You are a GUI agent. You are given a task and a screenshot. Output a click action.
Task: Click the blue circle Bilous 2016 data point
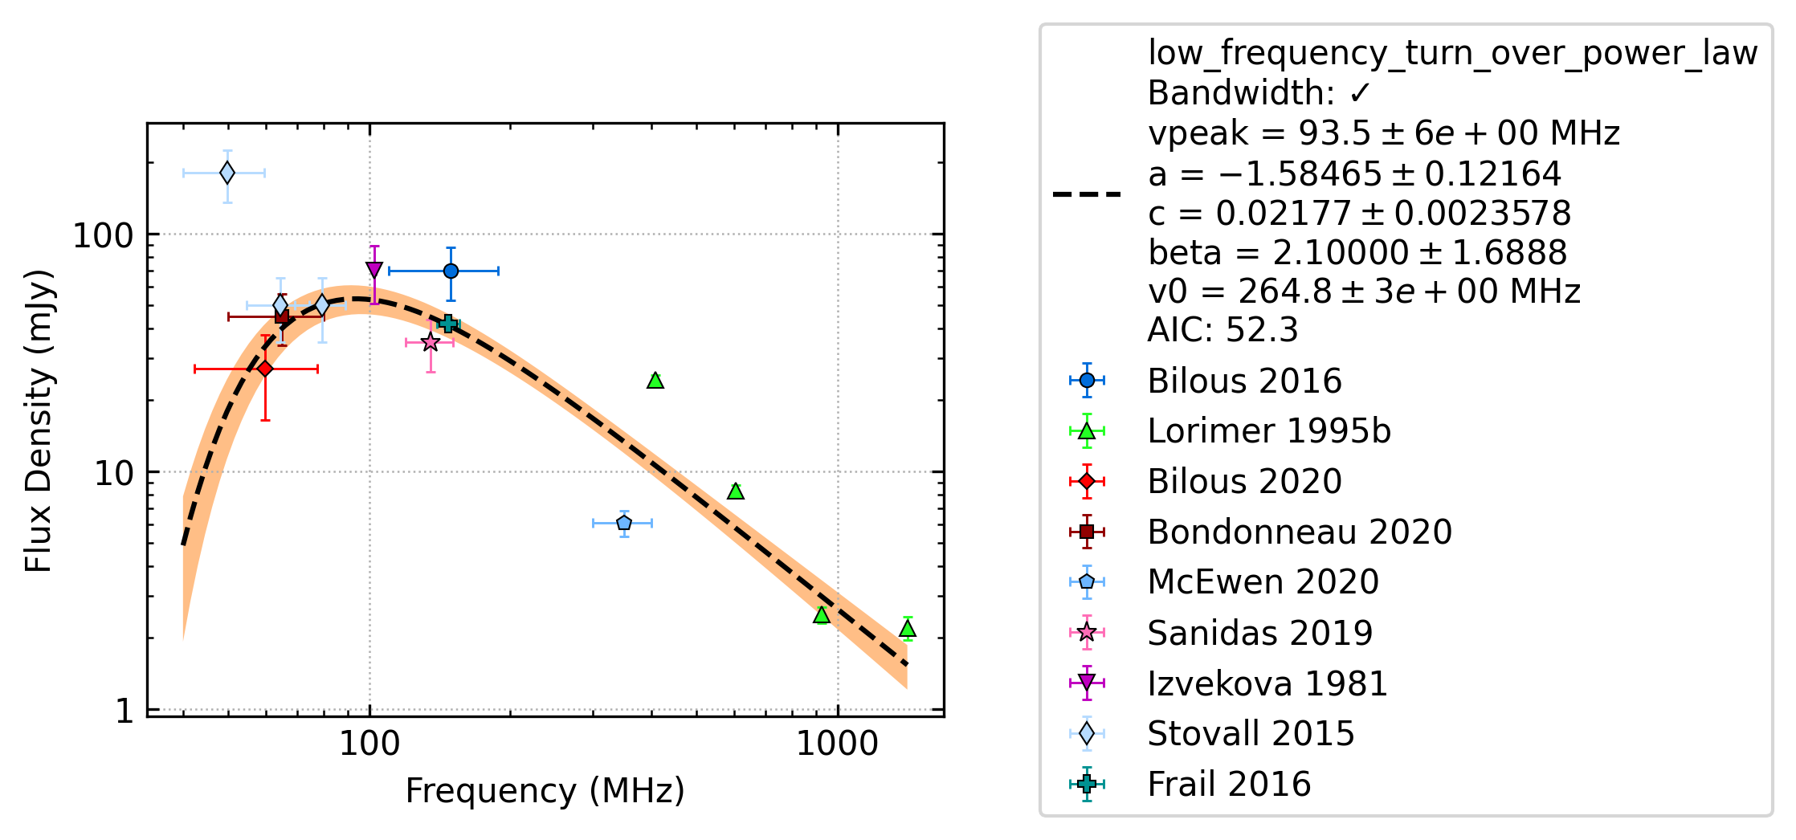pos(451,271)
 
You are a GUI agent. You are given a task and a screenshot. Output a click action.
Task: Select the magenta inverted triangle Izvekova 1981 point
pos(374,270)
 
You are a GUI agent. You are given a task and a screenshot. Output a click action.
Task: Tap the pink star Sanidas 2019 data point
pos(431,342)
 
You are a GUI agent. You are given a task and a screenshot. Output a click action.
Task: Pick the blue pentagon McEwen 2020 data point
pos(624,523)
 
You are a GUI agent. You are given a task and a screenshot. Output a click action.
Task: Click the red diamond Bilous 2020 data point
pos(265,369)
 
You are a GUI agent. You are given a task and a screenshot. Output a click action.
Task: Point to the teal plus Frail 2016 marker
pos(448,324)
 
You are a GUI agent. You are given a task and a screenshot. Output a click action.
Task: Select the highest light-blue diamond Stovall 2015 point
pos(227,173)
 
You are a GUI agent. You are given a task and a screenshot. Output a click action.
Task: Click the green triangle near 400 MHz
pos(655,380)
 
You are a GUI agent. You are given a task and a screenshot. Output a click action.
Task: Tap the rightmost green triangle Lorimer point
pos(908,629)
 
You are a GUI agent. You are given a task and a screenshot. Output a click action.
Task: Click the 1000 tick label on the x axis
pos(838,744)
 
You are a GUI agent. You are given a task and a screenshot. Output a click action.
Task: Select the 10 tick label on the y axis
pos(114,473)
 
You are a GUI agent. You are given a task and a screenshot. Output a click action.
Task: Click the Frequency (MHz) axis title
pos(545,791)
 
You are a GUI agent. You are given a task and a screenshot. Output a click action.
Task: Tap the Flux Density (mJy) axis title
pos(39,421)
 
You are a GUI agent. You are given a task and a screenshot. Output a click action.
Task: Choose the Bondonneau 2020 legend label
pos(1300,532)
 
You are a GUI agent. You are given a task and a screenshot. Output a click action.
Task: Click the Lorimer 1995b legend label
pos(1269,431)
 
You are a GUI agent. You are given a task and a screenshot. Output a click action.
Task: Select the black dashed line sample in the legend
pos(1087,194)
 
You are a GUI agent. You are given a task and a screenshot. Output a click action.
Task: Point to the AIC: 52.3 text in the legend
pos(1223,330)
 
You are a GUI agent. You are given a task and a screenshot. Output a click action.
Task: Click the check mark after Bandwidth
pos(1360,94)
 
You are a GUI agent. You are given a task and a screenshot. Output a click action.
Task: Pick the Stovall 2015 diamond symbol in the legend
pos(1087,733)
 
